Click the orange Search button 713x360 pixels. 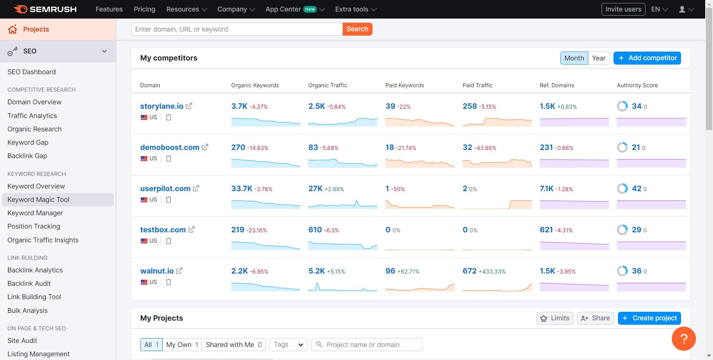[x=357, y=29]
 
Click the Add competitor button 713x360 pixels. [x=647, y=58]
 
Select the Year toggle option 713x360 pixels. [x=598, y=58]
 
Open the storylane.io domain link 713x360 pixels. [x=162, y=106]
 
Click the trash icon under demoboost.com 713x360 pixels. [x=169, y=158]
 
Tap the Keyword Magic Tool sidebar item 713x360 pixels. [x=38, y=200]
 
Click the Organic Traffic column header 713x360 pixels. [x=328, y=85]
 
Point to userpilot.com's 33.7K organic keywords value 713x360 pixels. [x=242, y=189]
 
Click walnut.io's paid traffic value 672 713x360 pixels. [x=469, y=271]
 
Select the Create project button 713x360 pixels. [x=649, y=318]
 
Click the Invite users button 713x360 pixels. [x=623, y=9]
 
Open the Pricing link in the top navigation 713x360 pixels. [x=144, y=9]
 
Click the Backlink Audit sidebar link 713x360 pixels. [x=29, y=284]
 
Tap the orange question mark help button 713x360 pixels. [x=684, y=338]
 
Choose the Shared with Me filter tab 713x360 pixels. [x=234, y=345]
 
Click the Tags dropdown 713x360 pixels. [x=289, y=345]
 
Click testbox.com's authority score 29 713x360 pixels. [x=637, y=230]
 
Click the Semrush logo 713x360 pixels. [x=45, y=9]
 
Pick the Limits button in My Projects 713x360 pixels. [x=555, y=318]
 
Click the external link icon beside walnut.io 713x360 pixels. [x=179, y=271]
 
